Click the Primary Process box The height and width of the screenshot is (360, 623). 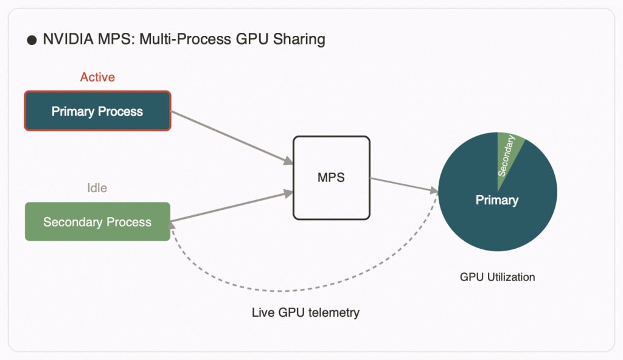[x=97, y=111]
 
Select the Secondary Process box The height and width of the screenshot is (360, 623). [x=97, y=222]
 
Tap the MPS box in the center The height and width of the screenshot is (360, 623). [x=331, y=178]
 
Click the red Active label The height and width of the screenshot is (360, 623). [x=97, y=77]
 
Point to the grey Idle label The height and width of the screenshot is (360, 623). [x=97, y=188]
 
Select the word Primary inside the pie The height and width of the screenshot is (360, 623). [x=497, y=200]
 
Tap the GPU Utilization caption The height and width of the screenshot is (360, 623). [x=497, y=277]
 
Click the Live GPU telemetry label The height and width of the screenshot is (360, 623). [x=305, y=313]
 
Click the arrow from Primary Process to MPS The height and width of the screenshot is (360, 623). [x=231, y=137]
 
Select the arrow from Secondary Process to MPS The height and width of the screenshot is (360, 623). [x=231, y=207]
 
